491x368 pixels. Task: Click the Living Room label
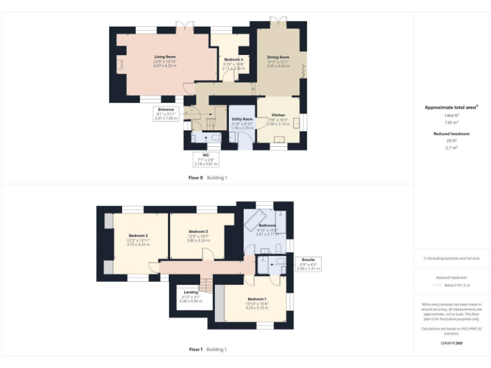pos(165,57)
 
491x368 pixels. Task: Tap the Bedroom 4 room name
pos(233,59)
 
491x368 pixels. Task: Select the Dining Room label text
pos(278,57)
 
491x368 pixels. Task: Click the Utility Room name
pos(242,119)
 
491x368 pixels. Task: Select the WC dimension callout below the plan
pos(205,160)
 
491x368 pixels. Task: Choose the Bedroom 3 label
pos(198,231)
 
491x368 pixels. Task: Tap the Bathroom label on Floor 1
pos(267,226)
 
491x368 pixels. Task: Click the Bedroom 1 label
pos(257,299)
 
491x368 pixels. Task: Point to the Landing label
pos(191,292)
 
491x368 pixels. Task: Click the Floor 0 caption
pos(195,178)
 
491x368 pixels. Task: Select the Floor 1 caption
pos(196,349)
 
